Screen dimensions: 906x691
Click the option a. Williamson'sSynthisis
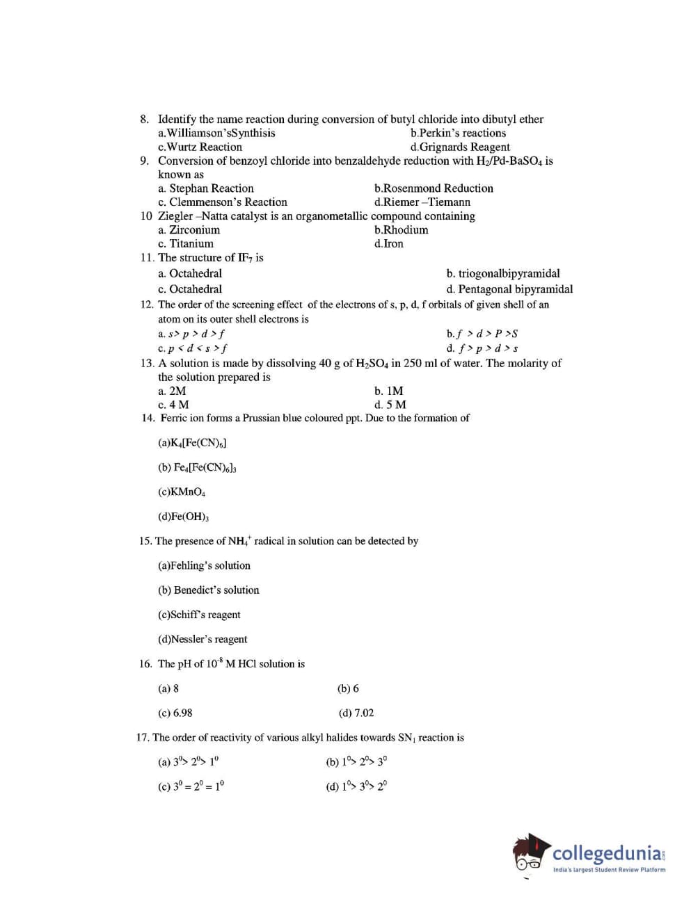216,133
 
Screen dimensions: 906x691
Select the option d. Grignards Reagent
460,147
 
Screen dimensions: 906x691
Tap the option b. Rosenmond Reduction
434,188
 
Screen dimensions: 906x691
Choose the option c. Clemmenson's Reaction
223,202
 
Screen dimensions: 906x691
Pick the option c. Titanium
186,244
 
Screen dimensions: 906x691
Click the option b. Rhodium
401,230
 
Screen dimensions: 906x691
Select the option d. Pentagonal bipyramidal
509,289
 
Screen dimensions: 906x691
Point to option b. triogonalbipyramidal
502,274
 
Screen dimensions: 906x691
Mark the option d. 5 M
390,405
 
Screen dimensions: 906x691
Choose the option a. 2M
172,391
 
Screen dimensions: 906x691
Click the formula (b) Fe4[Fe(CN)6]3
197,468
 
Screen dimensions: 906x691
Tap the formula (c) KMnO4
182,492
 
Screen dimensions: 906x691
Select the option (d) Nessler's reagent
202,639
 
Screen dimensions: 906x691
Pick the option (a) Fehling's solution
204,566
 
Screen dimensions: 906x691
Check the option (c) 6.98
175,713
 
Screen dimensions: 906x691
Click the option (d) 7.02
356,713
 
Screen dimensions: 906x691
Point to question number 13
147,363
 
